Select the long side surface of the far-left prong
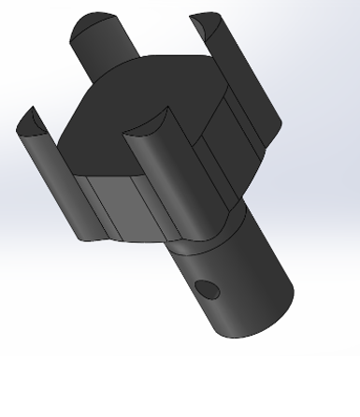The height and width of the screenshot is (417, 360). (x=56, y=182)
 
